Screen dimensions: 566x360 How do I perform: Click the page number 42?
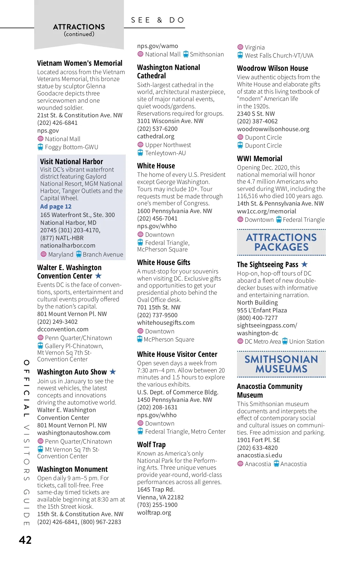tap(25, 540)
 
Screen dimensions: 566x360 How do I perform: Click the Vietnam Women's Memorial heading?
tap(79, 63)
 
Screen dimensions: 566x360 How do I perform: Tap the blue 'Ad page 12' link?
tap(56, 206)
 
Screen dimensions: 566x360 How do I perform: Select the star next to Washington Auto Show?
tap(113, 372)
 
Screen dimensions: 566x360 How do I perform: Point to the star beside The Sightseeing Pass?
tap(304, 264)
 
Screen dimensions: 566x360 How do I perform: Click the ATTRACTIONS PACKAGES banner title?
tap(281, 242)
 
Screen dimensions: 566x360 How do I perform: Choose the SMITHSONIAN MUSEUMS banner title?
tap(281, 364)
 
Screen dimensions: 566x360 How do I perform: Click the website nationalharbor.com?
tap(68, 245)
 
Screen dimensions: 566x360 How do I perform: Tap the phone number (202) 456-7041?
tap(157, 218)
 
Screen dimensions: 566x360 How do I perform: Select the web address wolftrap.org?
tap(154, 513)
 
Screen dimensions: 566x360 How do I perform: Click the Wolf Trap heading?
tap(151, 444)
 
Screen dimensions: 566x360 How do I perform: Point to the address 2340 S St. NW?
tap(256, 114)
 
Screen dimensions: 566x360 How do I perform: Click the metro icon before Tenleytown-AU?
tap(140, 153)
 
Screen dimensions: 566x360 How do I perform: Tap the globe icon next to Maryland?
tap(43, 254)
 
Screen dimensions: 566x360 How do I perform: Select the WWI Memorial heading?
tap(259, 158)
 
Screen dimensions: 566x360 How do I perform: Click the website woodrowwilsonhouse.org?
tap(273, 129)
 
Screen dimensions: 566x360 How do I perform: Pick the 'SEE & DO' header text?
tap(158, 20)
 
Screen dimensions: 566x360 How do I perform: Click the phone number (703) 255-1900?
tap(157, 505)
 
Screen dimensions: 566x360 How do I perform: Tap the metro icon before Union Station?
tap(285, 341)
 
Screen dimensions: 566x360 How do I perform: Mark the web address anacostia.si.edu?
tap(259, 455)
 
